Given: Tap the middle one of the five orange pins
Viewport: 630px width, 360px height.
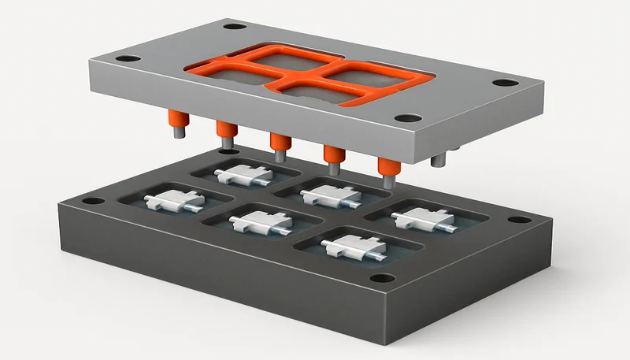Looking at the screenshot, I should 278,142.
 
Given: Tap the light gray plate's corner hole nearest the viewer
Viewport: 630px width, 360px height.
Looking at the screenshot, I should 405,119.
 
